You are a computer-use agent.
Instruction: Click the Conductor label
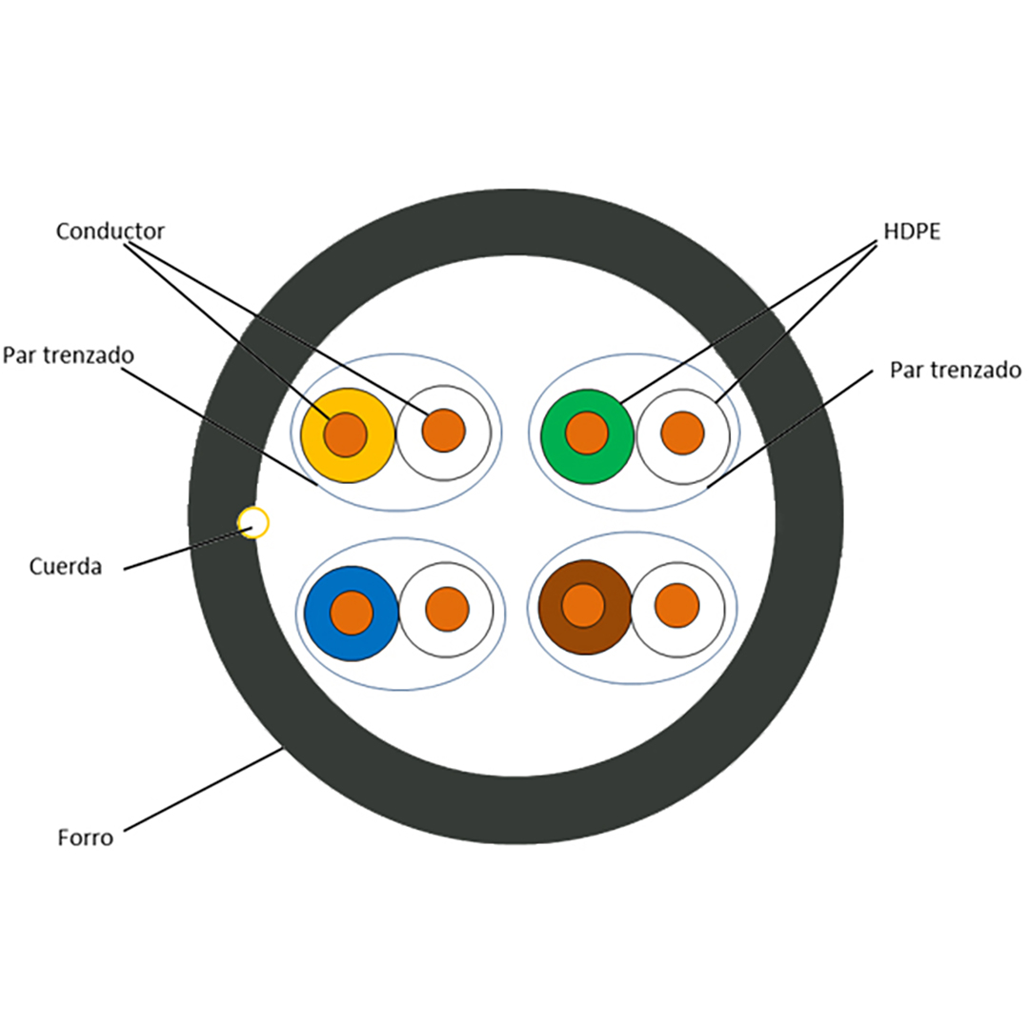pos(110,232)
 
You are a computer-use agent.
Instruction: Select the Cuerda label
pos(65,566)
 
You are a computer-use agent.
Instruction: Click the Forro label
pos(85,837)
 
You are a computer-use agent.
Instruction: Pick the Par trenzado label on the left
pos(68,355)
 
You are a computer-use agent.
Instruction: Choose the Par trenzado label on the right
pos(955,370)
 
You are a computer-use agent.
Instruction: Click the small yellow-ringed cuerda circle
pos(253,522)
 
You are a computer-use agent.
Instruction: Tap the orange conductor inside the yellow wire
pos(345,434)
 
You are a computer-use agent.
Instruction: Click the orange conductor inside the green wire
pos(587,434)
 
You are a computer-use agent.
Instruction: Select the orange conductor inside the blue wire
pos(352,613)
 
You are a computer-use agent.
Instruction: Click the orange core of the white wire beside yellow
pos(443,431)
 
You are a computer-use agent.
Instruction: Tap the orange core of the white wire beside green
pos(682,434)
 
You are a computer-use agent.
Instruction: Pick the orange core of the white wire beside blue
pos(447,609)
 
